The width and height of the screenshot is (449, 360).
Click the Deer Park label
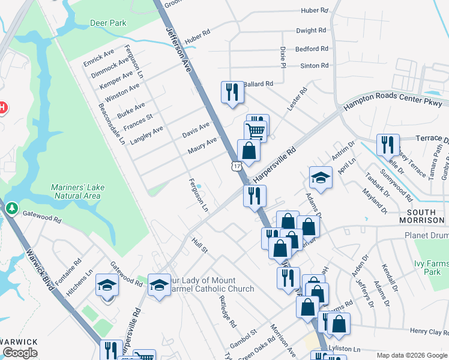tap(108, 23)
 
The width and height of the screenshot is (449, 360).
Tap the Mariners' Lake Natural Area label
tap(77, 192)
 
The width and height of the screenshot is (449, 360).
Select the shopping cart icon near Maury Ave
tap(255, 131)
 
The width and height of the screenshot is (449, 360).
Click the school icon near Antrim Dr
tap(321, 178)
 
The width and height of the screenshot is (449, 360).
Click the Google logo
tap(20, 352)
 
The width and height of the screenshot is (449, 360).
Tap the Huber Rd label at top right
tap(316, 11)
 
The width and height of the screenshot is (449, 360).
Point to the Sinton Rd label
tap(315, 65)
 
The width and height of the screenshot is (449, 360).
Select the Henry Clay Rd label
tap(429, 331)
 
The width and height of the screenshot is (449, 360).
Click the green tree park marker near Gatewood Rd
tap(12, 208)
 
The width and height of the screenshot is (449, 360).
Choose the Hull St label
tap(199, 245)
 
